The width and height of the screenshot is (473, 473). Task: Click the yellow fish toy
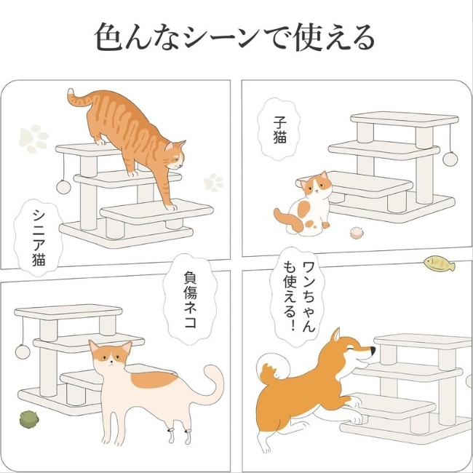[440, 263]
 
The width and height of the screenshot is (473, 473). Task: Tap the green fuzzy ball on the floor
[29, 419]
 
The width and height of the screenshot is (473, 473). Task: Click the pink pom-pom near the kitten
[357, 233]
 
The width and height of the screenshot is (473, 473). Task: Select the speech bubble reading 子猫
[279, 129]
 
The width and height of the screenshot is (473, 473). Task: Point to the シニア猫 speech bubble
[39, 237]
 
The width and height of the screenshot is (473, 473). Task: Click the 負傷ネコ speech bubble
[190, 298]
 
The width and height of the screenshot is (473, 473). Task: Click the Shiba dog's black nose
[373, 351]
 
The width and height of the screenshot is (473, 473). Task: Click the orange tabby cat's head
[175, 155]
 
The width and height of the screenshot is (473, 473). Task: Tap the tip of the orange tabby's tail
[71, 92]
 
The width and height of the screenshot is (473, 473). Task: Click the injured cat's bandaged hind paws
[180, 436]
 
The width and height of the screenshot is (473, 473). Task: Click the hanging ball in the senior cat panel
[63, 187]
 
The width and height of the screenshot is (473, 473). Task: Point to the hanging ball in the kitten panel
[450, 159]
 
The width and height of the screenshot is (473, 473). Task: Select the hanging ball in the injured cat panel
[23, 351]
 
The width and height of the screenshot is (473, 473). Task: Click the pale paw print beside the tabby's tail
[33, 138]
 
